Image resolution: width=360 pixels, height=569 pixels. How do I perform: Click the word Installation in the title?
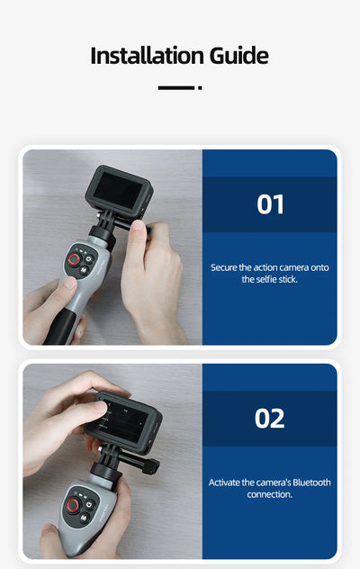click(x=143, y=56)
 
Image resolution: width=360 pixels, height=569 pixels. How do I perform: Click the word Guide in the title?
click(x=234, y=56)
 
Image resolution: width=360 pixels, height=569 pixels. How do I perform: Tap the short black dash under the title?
click(x=175, y=88)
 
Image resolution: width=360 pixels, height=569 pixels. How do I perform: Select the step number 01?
click(x=270, y=204)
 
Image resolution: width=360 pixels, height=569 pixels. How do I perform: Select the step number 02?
click(x=270, y=419)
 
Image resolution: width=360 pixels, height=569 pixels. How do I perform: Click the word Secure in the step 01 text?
click(x=225, y=267)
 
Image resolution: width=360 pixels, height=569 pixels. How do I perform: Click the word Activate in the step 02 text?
click(x=226, y=483)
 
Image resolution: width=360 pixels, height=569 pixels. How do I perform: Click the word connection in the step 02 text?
click(x=270, y=495)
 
